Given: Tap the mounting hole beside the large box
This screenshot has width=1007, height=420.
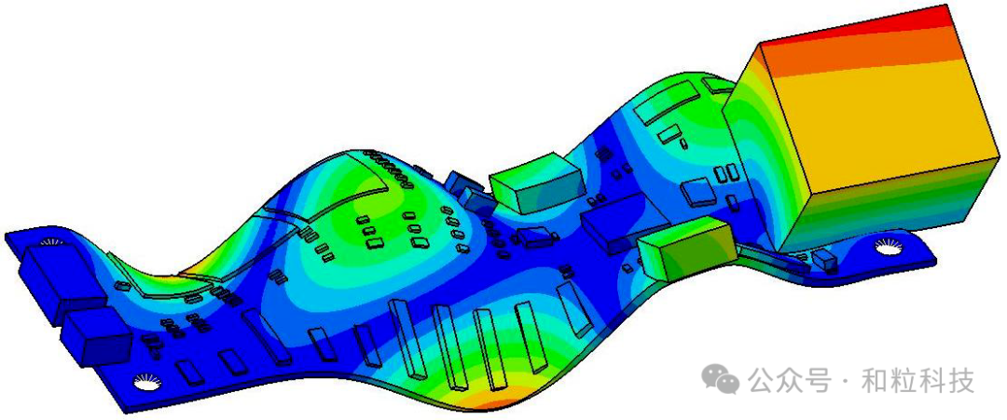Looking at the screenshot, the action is tap(890, 244).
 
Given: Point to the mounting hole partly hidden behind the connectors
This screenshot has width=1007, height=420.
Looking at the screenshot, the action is tap(50, 242).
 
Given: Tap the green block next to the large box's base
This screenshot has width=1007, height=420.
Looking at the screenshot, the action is tap(685, 247).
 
